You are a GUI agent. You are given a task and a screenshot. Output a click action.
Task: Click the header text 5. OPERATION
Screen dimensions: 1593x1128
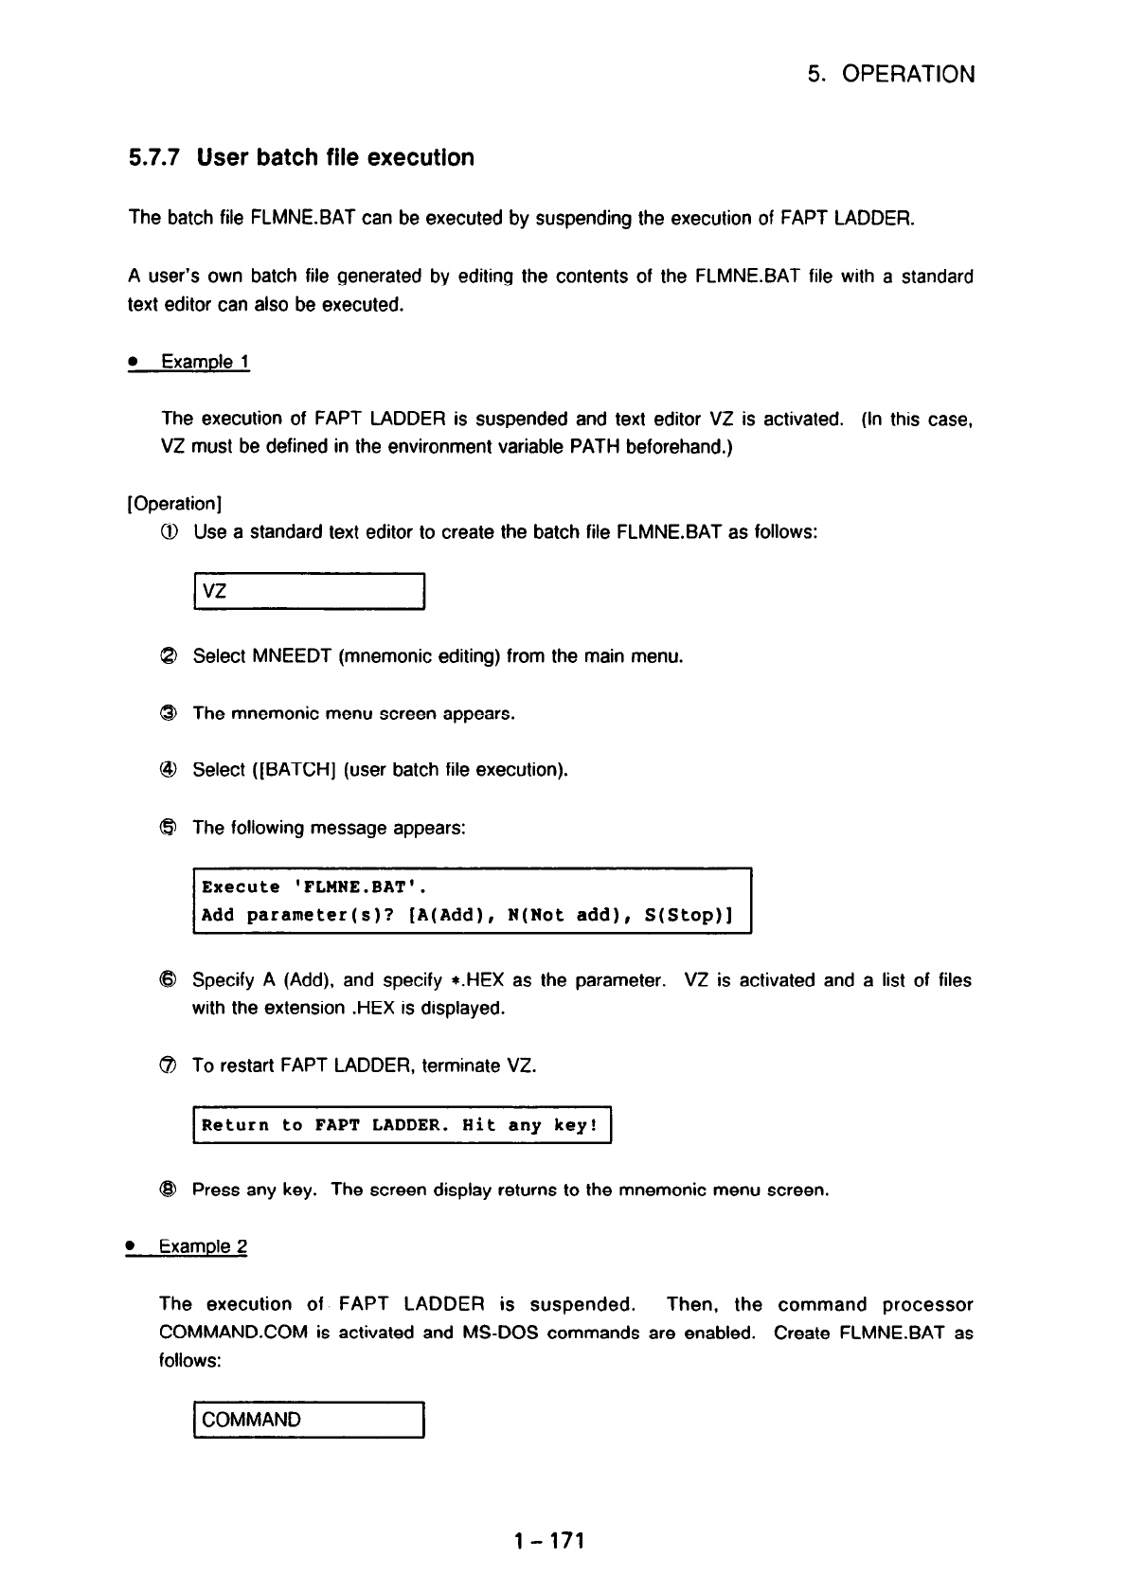(x=891, y=75)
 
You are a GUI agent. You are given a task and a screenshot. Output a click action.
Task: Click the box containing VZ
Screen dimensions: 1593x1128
(x=309, y=592)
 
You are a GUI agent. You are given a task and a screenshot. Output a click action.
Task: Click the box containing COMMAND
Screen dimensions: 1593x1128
(x=309, y=1420)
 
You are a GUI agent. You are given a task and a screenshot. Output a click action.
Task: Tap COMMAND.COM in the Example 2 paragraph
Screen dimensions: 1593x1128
(x=234, y=1333)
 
